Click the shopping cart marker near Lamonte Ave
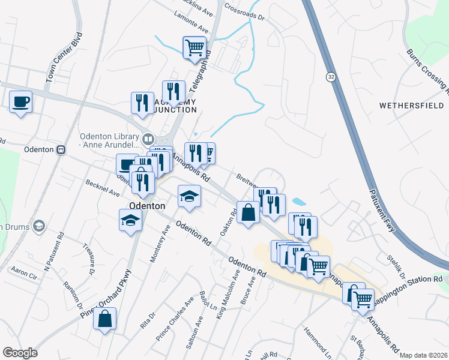(x=194, y=47)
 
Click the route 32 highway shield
(x=331, y=77)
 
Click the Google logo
(x=20, y=353)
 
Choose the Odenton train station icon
(x=60, y=149)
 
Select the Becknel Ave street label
(x=103, y=188)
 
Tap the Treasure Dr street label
(x=89, y=259)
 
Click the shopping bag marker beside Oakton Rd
(x=248, y=212)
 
